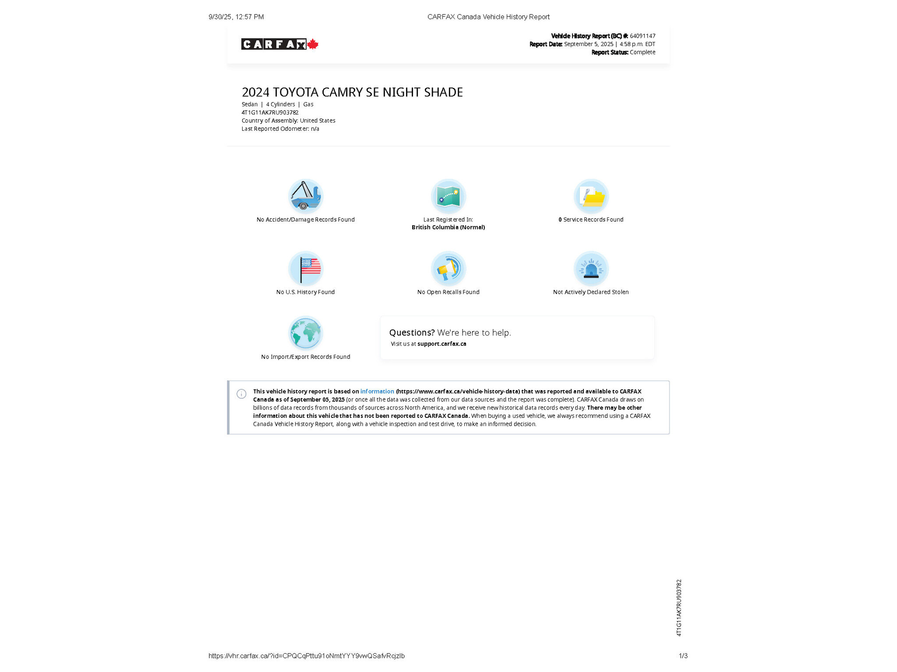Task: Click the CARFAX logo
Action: [274, 44]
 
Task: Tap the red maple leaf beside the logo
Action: [313, 44]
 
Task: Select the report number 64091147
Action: [643, 36]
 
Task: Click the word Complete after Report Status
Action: [643, 52]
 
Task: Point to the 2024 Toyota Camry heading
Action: [352, 92]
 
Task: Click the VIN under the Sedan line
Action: [270, 112]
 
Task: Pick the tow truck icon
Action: [305, 196]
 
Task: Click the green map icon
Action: [448, 196]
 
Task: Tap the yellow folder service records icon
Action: [591, 196]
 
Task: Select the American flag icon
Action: [306, 269]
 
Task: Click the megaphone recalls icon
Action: [448, 269]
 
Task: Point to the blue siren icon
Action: [591, 269]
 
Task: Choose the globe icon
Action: [306, 333]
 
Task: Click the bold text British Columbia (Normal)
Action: [448, 227]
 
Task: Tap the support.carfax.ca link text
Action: [441, 344]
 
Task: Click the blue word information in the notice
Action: [377, 392]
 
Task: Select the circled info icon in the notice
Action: [241, 394]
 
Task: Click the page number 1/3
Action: [683, 656]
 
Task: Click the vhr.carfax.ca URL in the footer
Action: [306, 656]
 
